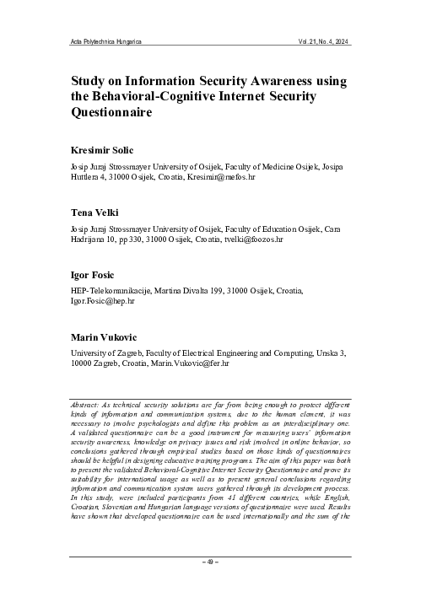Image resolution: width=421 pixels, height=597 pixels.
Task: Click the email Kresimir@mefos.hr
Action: pyautogui.click(x=262, y=179)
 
